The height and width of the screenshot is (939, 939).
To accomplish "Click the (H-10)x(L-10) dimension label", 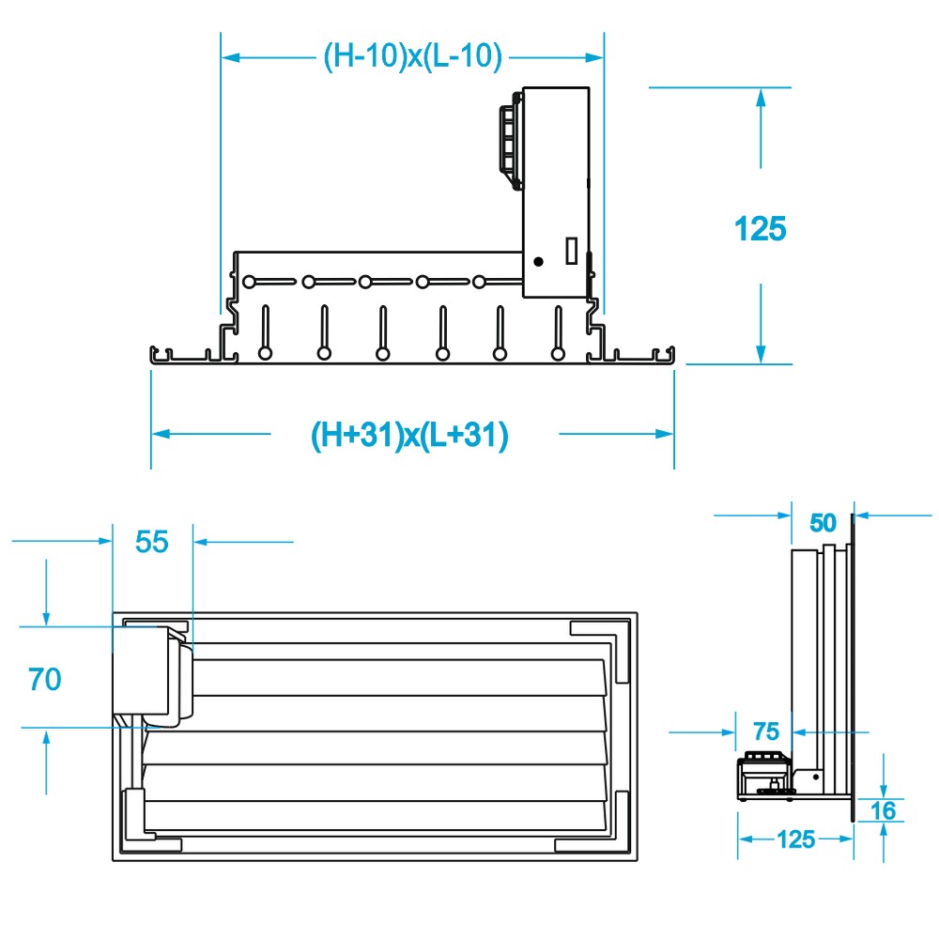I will tap(413, 57).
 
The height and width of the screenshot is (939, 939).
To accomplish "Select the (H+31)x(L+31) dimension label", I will tap(409, 435).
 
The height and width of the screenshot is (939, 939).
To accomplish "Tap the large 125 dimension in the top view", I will tap(760, 228).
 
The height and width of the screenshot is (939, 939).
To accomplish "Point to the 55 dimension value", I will tap(152, 542).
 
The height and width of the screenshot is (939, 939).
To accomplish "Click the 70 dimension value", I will tap(45, 678).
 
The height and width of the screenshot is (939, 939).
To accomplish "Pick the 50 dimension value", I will tap(823, 523).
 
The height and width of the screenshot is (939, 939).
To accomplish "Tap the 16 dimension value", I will tap(884, 809).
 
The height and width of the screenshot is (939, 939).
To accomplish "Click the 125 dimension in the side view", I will tap(796, 839).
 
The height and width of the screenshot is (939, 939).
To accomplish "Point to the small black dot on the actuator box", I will tap(538, 260).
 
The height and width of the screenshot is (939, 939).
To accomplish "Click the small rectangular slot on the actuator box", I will tap(569, 250).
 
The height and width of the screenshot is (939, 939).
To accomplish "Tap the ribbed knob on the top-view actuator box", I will tap(510, 139).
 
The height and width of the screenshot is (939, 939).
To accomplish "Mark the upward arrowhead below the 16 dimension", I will tap(885, 832).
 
